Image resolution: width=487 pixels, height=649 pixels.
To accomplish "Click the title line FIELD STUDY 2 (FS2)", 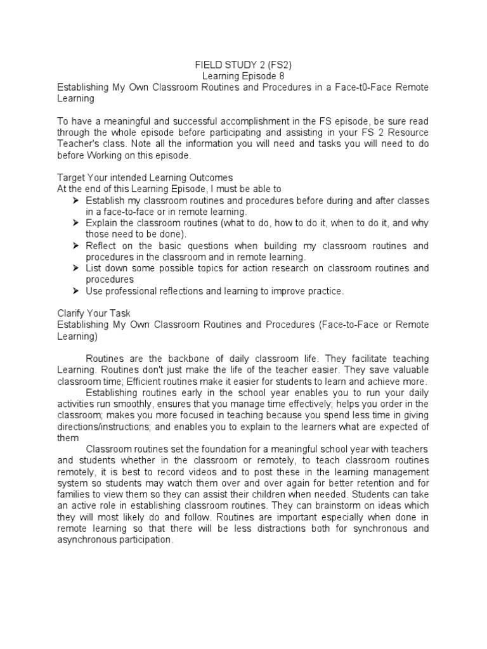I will [243, 64].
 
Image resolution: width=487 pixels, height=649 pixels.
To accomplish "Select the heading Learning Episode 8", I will [243, 75].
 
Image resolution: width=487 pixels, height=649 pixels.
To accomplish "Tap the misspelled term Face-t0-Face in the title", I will [366, 87].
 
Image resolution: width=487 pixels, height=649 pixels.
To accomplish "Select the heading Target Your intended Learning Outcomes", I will [145, 178].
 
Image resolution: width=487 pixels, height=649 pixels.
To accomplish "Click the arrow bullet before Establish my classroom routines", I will [76, 200].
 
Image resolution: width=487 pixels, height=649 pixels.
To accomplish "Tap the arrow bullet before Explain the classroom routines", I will [76, 223].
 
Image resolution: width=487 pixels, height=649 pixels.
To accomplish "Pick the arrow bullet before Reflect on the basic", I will [76, 246].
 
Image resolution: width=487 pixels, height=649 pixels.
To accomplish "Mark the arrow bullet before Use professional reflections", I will [76, 292].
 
